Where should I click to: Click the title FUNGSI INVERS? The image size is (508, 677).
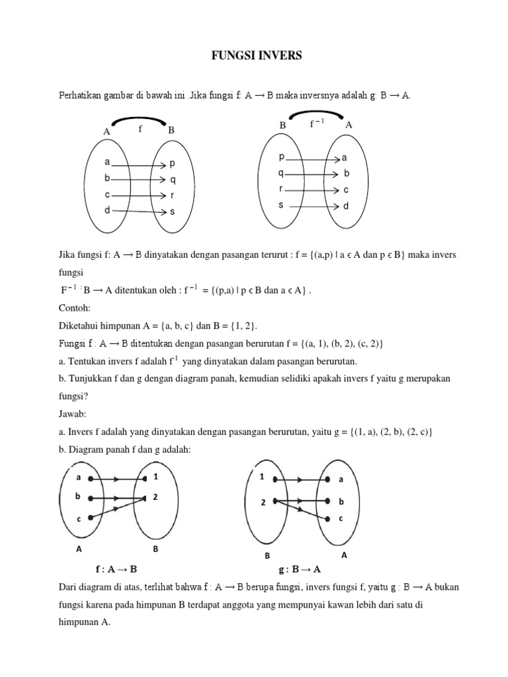pyautogui.click(x=254, y=56)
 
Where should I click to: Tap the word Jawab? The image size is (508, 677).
pyautogui.click(x=73, y=416)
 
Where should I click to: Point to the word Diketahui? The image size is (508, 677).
pyautogui.click(x=82, y=325)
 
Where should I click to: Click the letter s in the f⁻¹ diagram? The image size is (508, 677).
pyautogui.click(x=280, y=205)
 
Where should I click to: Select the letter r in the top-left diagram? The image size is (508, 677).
pyautogui.click(x=172, y=196)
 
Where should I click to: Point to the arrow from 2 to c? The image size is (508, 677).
pyautogui.click(x=301, y=510)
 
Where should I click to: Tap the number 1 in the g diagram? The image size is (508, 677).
pyautogui.click(x=262, y=477)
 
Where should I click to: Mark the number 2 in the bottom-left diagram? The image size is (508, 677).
pyautogui.click(x=155, y=497)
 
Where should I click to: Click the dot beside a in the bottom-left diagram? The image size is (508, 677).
pyautogui.click(x=98, y=478)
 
